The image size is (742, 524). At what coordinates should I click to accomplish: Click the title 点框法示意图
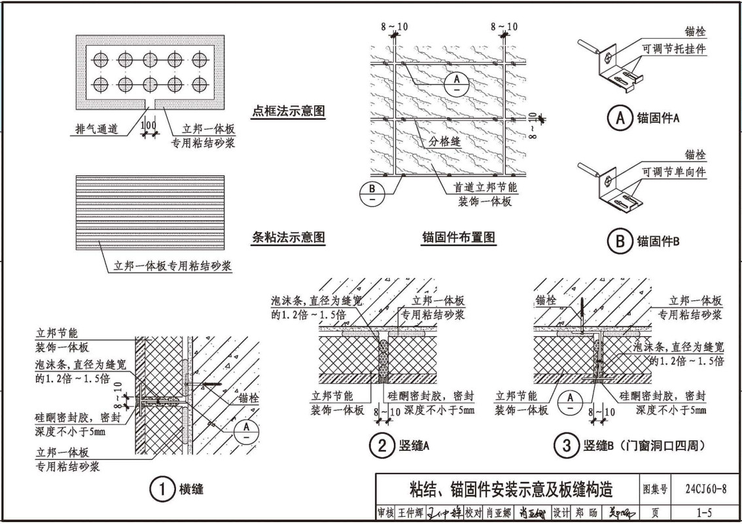click(x=288, y=111)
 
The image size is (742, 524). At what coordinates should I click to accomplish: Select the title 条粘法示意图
click(x=288, y=237)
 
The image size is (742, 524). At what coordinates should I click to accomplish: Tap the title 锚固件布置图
click(x=457, y=237)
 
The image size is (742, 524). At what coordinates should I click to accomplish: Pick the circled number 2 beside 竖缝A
click(x=380, y=447)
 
